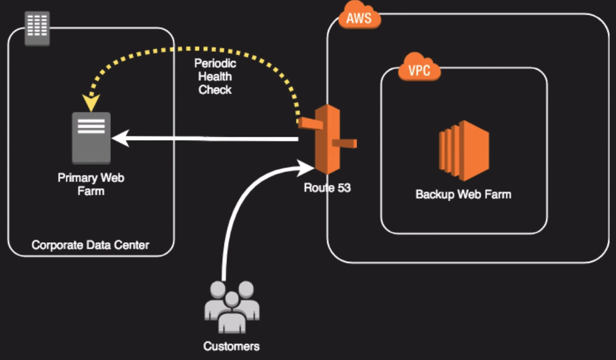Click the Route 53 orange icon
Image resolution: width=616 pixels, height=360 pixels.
[327, 139]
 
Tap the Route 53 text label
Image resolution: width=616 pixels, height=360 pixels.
[327, 189]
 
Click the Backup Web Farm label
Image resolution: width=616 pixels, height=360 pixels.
[463, 195]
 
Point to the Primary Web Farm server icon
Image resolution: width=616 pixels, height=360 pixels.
[91, 137]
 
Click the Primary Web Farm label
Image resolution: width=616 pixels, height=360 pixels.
[91, 184]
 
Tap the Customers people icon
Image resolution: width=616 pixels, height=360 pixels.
[232, 306]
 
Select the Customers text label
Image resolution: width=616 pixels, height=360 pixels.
[232, 346]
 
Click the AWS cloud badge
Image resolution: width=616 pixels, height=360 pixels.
[359, 17]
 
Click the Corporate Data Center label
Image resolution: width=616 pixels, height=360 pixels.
[90, 245]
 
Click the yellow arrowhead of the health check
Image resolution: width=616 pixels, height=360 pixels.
[91, 104]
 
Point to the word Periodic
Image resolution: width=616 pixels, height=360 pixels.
[215, 63]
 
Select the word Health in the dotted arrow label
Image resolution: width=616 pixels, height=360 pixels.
[215, 76]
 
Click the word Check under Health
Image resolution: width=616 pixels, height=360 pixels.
[215, 90]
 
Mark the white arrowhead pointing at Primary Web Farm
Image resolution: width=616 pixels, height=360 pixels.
[118, 139]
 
